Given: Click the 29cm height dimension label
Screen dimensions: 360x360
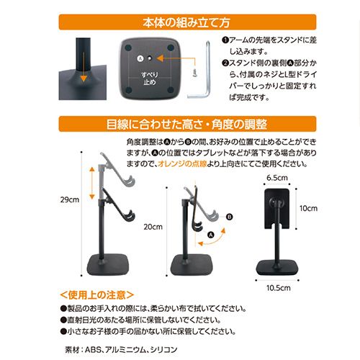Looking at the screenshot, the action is click(x=70, y=199).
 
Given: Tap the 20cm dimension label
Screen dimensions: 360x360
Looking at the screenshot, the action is click(x=153, y=227).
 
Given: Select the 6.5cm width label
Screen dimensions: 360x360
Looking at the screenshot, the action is click(x=277, y=178).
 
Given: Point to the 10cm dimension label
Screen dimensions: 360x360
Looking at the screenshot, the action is click(x=308, y=208).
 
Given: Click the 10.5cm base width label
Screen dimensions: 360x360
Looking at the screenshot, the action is click(x=279, y=288).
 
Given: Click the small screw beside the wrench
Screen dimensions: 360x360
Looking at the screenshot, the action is click(x=195, y=72).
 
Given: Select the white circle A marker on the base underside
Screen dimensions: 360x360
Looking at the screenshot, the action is click(x=140, y=58).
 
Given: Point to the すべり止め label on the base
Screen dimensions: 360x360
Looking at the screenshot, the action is click(x=149, y=78).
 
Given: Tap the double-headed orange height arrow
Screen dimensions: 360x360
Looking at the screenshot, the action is click(x=92, y=184).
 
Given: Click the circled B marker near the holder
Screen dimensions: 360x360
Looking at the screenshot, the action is click(x=230, y=217).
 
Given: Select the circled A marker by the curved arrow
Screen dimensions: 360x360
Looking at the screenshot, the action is click(x=211, y=235).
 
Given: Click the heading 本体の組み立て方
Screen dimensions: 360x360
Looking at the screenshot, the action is click(x=186, y=22).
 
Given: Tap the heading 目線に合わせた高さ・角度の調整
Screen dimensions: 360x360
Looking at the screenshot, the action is click(x=187, y=125).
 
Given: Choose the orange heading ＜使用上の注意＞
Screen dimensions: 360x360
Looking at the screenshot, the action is click(x=96, y=295).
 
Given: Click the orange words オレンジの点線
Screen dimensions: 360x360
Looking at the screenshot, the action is click(x=182, y=163).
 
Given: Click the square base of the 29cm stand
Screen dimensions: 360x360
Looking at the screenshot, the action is click(x=109, y=265).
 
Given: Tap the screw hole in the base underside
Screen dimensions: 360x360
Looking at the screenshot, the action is click(x=150, y=58).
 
